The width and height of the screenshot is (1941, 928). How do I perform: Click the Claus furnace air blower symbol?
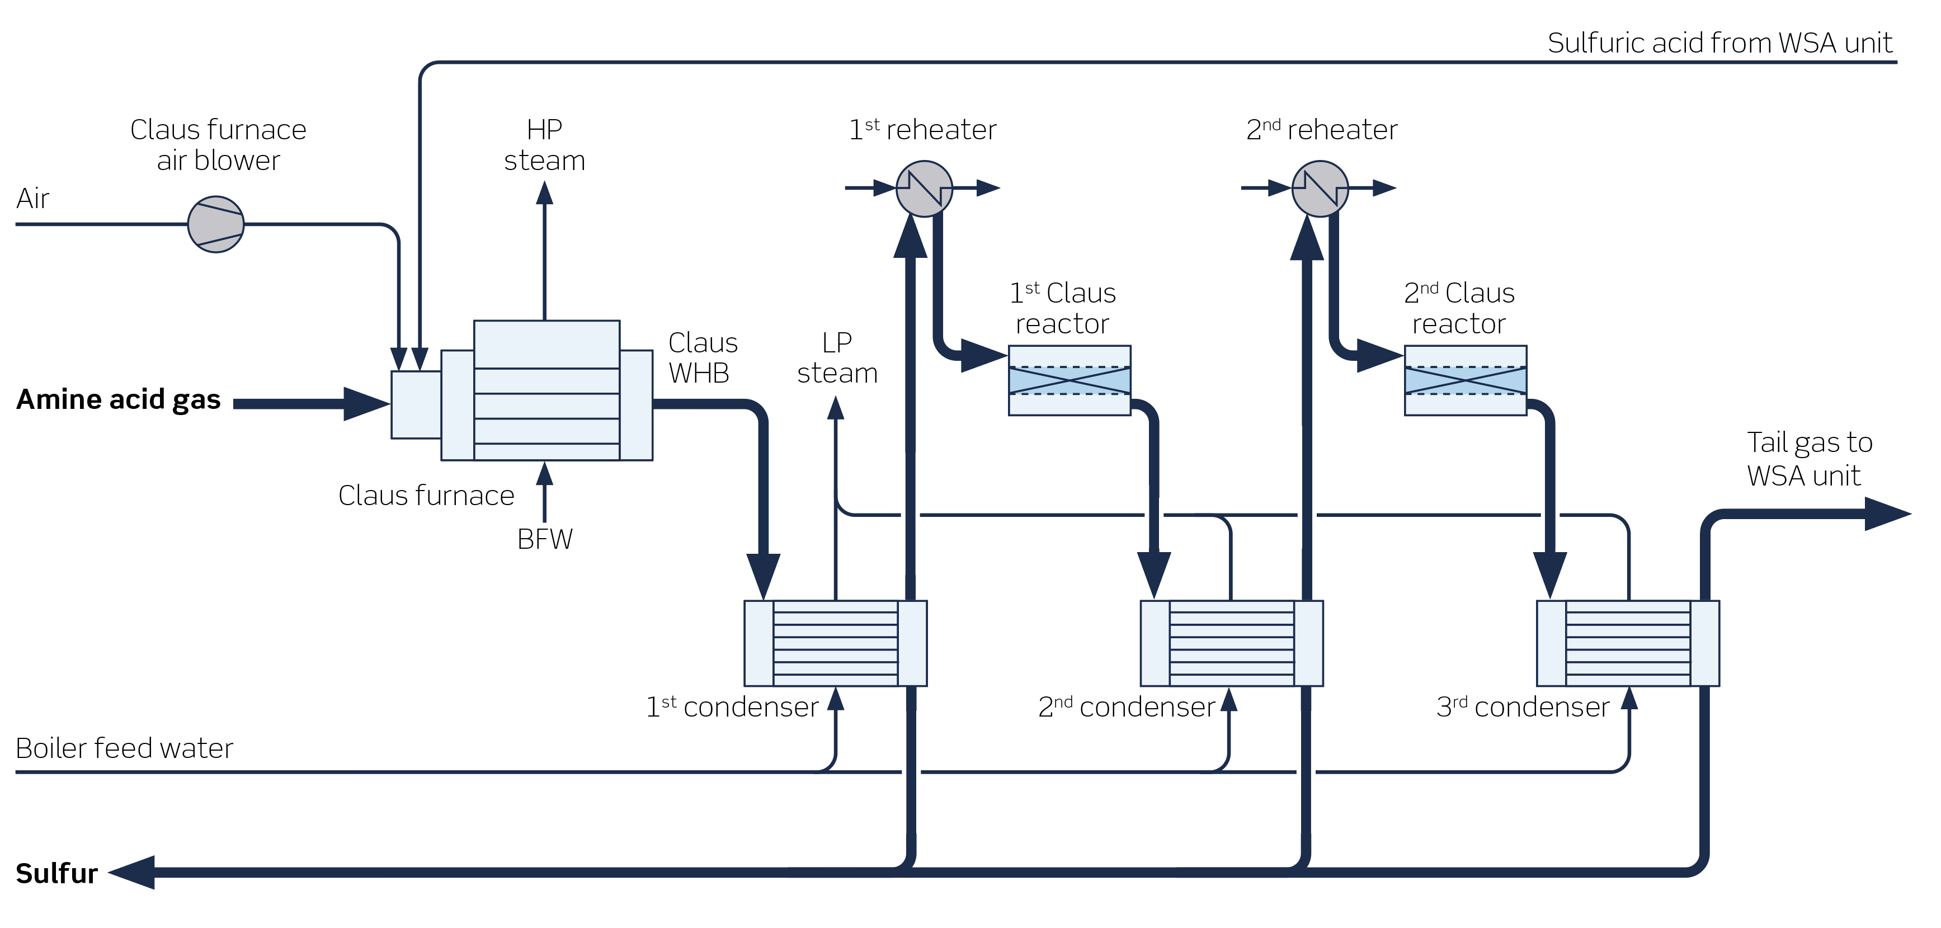(x=215, y=224)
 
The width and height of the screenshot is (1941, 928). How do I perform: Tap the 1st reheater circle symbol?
(x=924, y=189)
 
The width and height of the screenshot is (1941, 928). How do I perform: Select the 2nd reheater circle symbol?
(x=1320, y=189)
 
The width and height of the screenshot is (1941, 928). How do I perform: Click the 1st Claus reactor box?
(x=1069, y=380)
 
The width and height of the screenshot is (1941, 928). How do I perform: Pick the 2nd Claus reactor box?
(x=1465, y=380)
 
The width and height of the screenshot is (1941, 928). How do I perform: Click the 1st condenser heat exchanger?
(x=835, y=643)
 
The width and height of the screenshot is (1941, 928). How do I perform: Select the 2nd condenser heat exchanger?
(x=1231, y=643)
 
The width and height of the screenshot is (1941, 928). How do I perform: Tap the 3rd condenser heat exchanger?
(x=1628, y=643)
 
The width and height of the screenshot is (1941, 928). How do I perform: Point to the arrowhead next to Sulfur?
(x=133, y=872)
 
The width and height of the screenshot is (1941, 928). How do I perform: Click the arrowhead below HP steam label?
(x=544, y=194)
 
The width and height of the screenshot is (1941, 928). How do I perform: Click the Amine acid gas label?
(x=118, y=399)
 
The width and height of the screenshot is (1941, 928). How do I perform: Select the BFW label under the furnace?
(x=544, y=539)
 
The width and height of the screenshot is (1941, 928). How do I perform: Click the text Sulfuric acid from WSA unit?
(x=1719, y=43)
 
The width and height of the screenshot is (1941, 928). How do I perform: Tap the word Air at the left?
(x=32, y=199)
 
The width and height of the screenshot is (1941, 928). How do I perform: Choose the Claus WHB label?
(x=701, y=358)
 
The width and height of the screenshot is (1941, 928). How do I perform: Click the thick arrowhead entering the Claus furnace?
(x=366, y=404)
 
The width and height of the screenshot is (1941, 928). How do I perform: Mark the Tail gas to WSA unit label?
(x=1808, y=459)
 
